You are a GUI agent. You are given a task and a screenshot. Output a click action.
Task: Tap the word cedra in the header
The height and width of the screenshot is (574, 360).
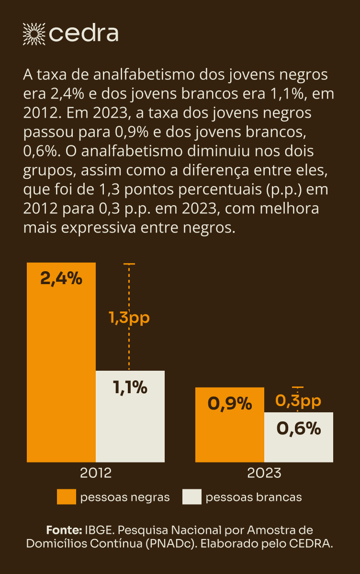pos(84,33)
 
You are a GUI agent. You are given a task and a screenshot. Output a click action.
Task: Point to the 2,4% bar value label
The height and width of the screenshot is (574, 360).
pos(61,278)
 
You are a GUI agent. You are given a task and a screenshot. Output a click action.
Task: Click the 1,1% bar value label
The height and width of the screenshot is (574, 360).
pos(130,388)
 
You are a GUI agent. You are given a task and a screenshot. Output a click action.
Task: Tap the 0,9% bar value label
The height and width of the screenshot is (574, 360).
pos(230,404)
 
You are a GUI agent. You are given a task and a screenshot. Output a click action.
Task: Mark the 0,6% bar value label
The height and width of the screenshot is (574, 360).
pos(299,429)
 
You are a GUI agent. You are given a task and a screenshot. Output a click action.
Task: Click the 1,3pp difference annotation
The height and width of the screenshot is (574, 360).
pos(129,318)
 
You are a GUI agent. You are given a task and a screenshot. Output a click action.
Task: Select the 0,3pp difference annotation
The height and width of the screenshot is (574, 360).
pos(298,401)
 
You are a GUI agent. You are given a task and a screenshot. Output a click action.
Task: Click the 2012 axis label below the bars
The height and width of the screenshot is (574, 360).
pos(96,473)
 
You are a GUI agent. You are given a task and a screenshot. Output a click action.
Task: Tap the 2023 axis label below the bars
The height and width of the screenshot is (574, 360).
pos(264,473)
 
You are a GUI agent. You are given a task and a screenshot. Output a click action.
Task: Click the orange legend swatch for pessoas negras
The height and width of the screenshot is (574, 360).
pos(67,497)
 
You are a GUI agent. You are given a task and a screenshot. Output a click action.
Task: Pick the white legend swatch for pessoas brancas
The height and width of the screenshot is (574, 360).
pos(192,497)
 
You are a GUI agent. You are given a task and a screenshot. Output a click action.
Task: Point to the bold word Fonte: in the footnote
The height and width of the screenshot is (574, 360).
pos(64,530)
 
